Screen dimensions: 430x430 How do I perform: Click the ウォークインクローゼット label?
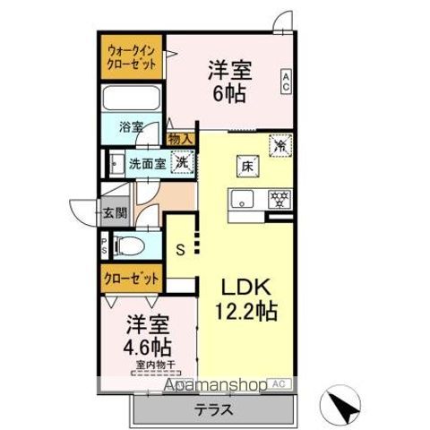click(132, 57)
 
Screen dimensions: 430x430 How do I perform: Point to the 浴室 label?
click(132, 127)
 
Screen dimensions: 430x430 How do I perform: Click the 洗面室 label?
click(146, 164)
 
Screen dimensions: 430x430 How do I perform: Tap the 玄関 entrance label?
click(114, 213)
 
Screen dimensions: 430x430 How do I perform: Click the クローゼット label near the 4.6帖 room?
click(131, 279)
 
